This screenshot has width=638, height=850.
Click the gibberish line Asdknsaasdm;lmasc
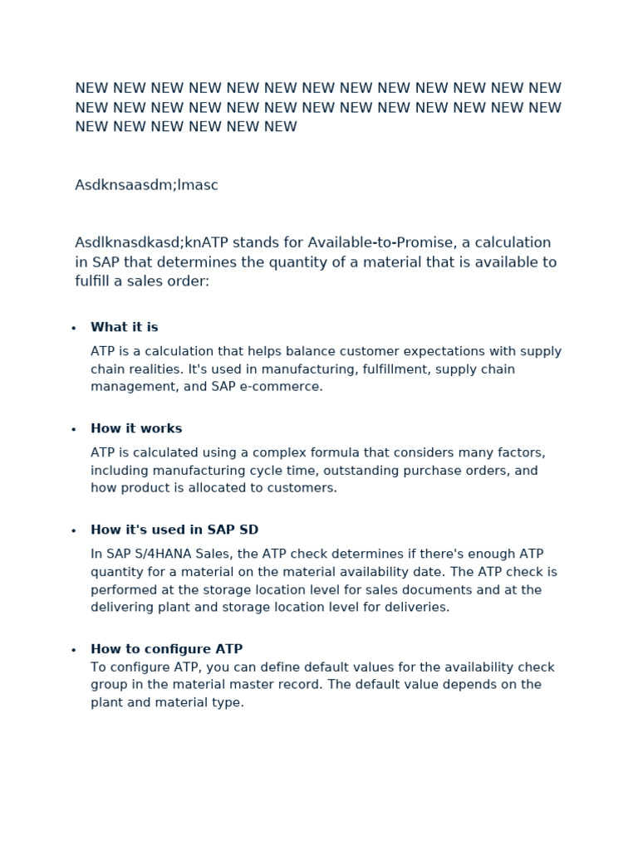click(146, 185)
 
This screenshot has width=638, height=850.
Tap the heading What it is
click(124, 327)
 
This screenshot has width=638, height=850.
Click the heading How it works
click(136, 428)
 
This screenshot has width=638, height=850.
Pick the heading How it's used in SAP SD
click(174, 530)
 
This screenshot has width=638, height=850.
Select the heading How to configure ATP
click(166, 649)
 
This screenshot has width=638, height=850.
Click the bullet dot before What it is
click(74, 329)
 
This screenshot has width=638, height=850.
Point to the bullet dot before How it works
click(74, 430)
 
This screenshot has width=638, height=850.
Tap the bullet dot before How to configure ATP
click(74, 651)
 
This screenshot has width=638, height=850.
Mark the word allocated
click(216, 488)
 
